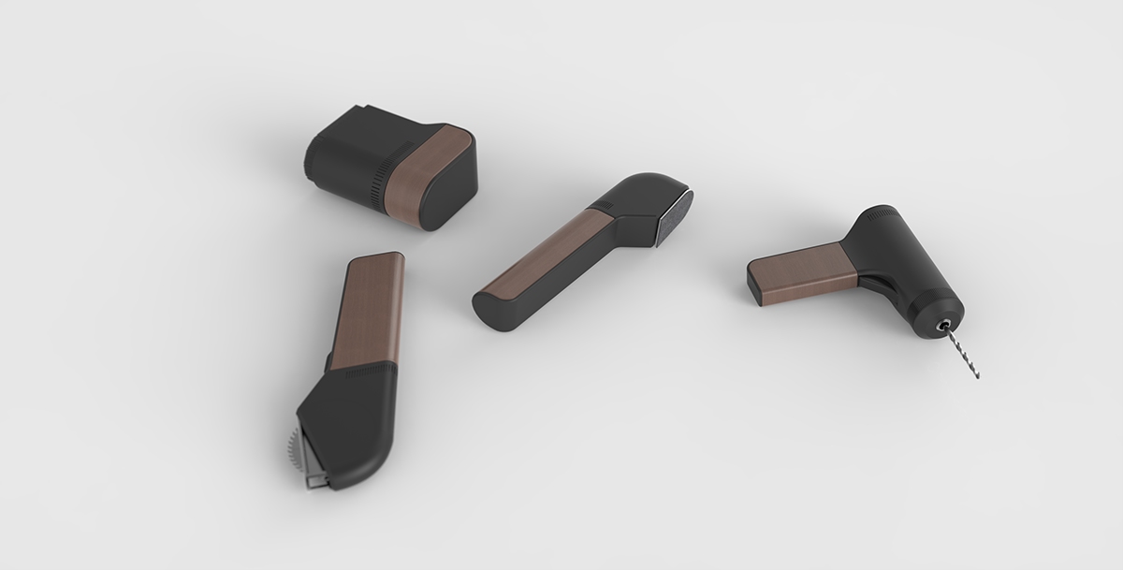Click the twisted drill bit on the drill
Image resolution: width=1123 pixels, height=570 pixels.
962,352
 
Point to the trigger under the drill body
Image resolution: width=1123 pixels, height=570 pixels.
875,282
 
